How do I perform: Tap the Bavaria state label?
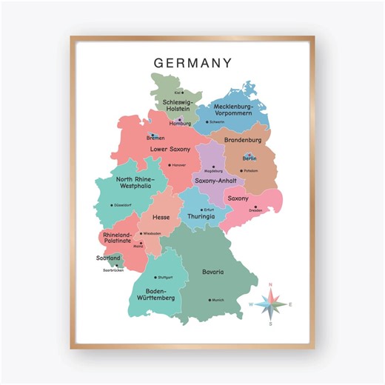pyautogui.click(x=212, y=272)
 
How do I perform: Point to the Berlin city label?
pyautogui.click(x=250, y=158)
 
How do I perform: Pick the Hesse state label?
pyautogui.click(x=161, y=217)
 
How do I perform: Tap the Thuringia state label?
pyautogui.click(x=200, y=216)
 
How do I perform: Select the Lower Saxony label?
pyautogui.click(x=170, y=149)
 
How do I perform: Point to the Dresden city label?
pyautogui.click(x=255, y=210)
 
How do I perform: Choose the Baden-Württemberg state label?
pyautogui.click(x=156, y=294)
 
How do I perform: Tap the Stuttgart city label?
pyautogui.click(x=164, y=277)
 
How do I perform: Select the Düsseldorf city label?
pyautogui.click(x=122, y=205)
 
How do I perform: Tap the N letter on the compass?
pyautogui.click(x=270, y=284)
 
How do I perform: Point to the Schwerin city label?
pyautogui.click(x=216, y=122)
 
